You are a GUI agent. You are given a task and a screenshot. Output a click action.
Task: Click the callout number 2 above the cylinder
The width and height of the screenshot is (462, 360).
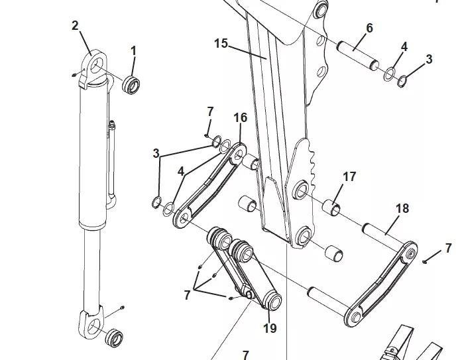tap(75, 26)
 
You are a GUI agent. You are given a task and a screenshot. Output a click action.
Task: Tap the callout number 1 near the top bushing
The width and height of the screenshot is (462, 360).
tap(133, 51)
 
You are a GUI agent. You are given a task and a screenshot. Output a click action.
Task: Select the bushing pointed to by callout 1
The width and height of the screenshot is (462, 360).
tap(131, 86)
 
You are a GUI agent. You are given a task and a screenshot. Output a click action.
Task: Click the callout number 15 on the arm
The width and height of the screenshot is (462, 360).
tap(221, 43)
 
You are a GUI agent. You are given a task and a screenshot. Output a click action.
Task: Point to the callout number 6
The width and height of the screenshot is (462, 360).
tap(369, 28)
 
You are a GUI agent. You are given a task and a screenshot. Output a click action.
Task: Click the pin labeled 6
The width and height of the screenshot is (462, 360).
tap(358, 56)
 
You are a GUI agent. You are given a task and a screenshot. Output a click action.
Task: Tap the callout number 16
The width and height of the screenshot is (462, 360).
tap(240, 117)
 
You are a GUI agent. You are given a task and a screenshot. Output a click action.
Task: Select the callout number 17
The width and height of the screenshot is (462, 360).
tap(349, 177)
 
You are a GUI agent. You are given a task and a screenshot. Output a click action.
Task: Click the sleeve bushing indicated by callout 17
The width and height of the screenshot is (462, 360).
tap(332, 208)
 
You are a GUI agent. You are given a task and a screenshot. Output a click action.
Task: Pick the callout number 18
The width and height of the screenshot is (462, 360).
tap(402, 208)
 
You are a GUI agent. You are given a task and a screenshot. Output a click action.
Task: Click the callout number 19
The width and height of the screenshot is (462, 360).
tap(270, 328)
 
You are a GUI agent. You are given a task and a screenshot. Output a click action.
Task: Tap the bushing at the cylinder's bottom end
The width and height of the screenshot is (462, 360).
tap(114, 337)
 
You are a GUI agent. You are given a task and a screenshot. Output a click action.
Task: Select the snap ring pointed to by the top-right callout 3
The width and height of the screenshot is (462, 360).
tap(402, 82)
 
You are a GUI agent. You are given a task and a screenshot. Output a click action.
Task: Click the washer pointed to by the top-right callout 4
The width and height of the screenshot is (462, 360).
tap(390, 74)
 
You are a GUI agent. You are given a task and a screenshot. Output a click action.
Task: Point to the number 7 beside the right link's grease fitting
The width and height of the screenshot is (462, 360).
tap(448, 248)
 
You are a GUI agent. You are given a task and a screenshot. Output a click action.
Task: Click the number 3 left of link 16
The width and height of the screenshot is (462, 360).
tap(156, 153)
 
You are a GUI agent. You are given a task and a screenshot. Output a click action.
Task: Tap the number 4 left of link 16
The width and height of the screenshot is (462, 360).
tap(181, 171)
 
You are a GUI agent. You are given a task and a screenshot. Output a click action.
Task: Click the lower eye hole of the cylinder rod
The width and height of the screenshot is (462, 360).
tap(93, 326)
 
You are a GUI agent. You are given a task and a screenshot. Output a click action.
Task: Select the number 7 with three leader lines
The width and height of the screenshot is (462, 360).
tap(187, 295)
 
